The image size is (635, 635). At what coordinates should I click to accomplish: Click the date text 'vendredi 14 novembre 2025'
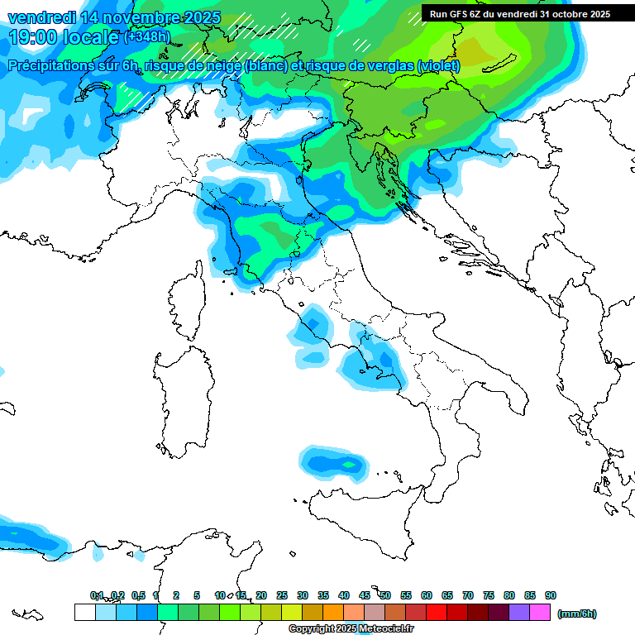coord(114,17)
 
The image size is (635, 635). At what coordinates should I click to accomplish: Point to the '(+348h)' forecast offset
coord(147,37)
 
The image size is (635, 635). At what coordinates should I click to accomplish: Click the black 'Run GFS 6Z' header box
coord(520,13)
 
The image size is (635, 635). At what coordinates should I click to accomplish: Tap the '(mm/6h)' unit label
coord(576,614)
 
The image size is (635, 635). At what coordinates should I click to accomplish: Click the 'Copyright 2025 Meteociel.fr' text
coord(351,629)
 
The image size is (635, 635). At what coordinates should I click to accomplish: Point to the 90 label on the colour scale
coord(551,595)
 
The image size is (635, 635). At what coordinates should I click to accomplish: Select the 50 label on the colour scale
coord(385,595)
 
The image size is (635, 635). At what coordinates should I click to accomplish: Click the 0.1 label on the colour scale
coord(97,595)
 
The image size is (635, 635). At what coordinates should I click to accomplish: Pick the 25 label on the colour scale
coord(282,595)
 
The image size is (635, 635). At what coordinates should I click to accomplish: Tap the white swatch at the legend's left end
coord(84,613)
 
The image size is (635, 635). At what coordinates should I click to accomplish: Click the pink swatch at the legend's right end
coord(540,613)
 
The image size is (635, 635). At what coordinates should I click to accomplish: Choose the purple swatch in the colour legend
coord(519,613)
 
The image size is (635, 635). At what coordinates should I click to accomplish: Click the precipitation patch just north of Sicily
coord(334,465)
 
